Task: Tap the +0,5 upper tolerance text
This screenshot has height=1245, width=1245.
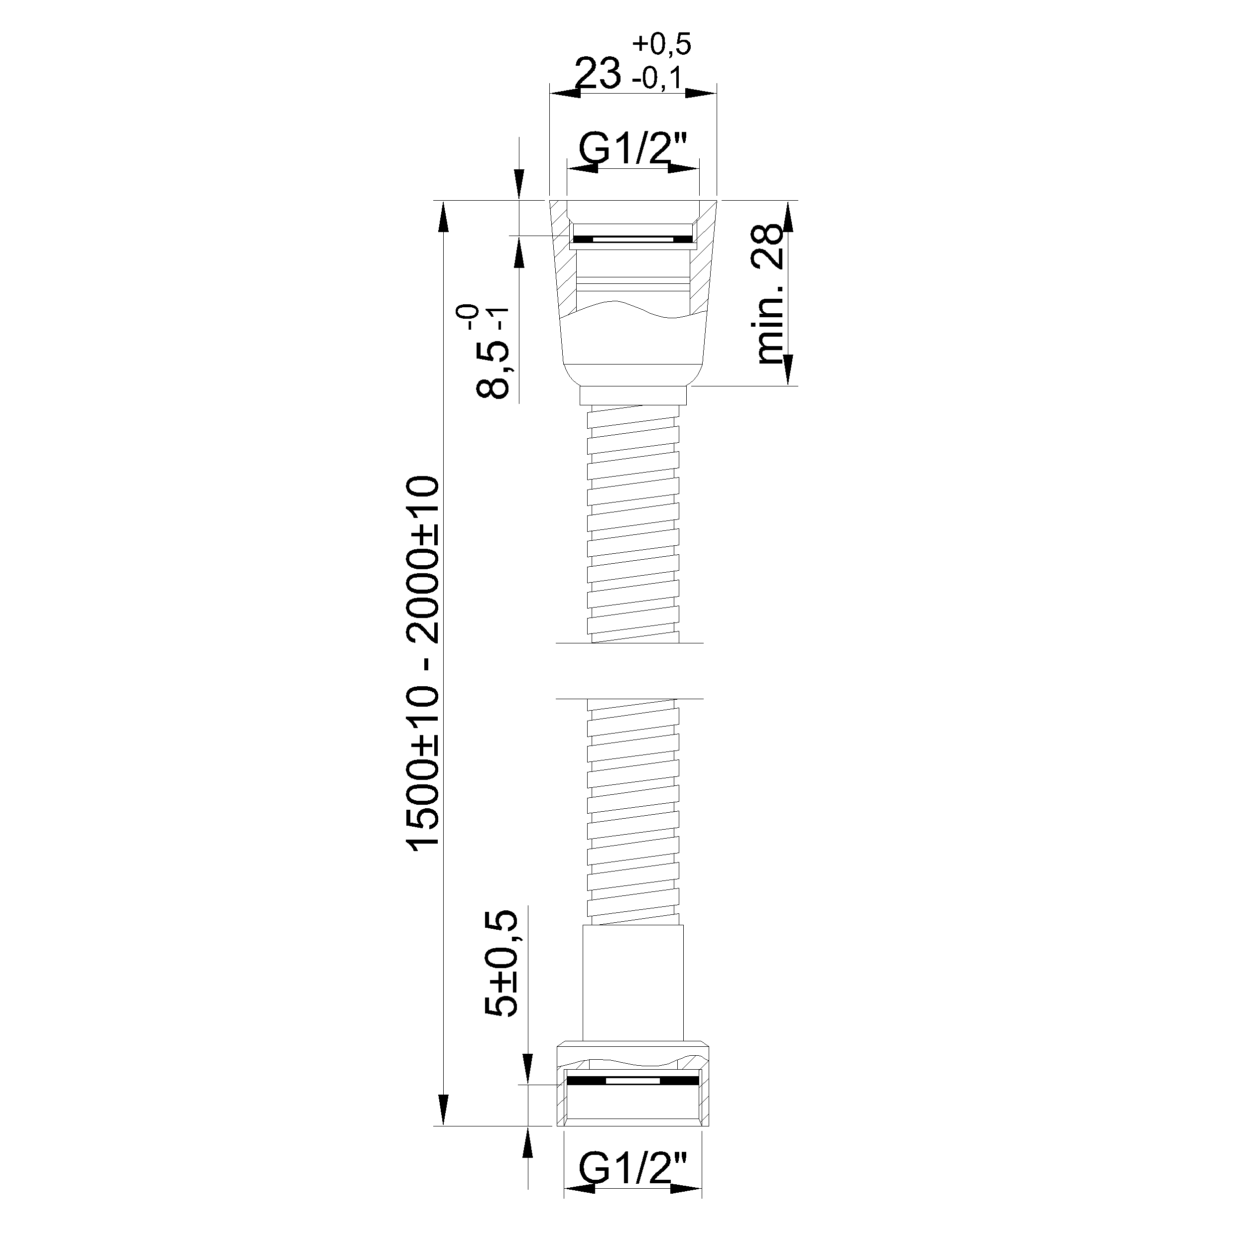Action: (662, 44)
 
